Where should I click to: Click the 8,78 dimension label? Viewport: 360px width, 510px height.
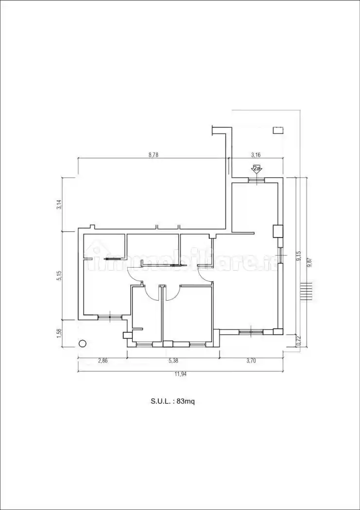coord(153,155)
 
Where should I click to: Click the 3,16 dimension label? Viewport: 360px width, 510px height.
coord(256,155)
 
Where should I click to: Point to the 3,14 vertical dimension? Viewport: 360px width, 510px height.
coord(59,204)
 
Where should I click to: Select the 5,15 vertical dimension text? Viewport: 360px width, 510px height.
coord(59,275)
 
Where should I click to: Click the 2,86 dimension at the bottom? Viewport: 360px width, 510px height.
coord(103,361)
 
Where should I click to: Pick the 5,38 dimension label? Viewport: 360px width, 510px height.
coord(173,361)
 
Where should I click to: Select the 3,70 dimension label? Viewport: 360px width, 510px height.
coord(251,361)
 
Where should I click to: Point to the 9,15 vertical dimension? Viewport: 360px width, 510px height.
coord(298,256)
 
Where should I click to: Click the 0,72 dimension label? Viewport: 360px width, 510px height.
coord(298,341)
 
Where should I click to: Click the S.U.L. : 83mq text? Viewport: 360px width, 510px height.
coord(172,401)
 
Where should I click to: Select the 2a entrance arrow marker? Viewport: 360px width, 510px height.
coord(257,170)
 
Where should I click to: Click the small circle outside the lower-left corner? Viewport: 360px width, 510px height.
coord(82,343)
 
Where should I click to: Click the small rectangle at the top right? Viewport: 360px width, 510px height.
coord(278,130)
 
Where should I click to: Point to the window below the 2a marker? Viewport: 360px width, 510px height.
coord(257,180)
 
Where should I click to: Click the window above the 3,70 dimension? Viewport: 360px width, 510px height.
coord(251,332)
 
